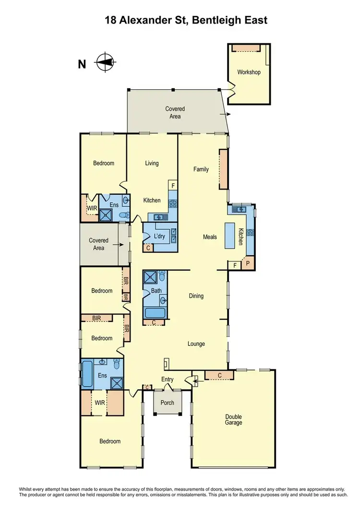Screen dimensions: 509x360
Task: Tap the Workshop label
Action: click(249, 72)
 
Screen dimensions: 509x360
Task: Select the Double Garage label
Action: click(233, 420)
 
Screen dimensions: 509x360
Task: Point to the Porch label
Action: click(168, 402)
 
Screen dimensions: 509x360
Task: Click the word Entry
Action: click(167, 379)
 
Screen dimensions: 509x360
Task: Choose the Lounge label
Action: click(196, 343)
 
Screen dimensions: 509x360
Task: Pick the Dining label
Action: click(196, 296)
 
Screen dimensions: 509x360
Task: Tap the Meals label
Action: click(210, 237)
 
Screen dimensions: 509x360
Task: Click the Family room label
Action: click(201, 169)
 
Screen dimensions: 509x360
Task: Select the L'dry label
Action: click(159, 237)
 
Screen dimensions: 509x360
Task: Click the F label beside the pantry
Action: click(235, 265)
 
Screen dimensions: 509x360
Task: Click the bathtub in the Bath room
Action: click(155, 313)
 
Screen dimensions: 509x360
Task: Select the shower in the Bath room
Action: click(151, 277)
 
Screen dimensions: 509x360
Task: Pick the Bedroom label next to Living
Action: click(104, 163)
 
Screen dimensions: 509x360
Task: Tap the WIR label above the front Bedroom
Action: click(100, 402)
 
